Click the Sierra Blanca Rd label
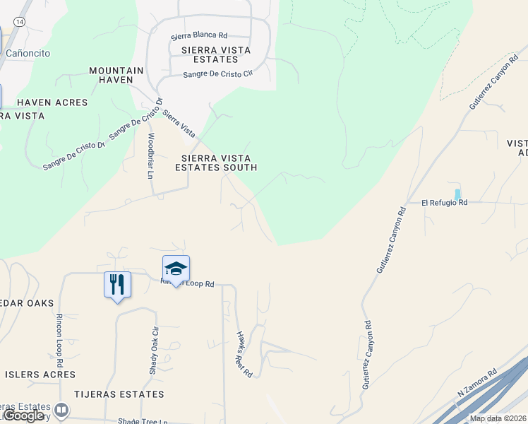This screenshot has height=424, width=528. pos(199,35)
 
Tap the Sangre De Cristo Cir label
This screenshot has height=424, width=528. pos(217,74)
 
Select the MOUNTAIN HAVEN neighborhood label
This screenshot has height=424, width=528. pos(116,75)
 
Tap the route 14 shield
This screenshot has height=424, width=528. pos(20,23)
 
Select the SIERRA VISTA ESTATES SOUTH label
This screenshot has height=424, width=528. pos(216,163)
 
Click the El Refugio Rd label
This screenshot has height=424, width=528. pos(445,203)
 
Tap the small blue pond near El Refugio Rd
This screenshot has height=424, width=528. pos(457,194)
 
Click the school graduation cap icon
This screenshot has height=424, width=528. pos(176,269)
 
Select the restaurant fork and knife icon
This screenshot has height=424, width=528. pos(117,285)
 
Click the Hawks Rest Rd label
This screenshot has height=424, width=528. pos(244,353)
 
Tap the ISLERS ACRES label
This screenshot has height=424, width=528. pos(40,374)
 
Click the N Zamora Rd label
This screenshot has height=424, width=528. pos(477,382)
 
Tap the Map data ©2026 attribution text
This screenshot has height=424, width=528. pos(498,418)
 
